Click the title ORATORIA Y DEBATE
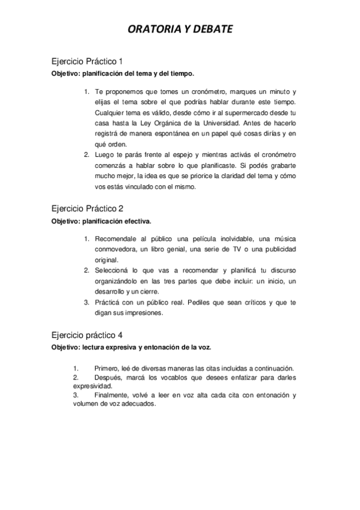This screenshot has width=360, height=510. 180,29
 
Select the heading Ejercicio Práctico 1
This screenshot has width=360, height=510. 87,61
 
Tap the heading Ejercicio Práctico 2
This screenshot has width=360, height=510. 87,209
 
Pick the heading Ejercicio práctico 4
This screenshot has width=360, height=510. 87,335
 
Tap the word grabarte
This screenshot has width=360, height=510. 280,165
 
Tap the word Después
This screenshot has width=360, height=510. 108,377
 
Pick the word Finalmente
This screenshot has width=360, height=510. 113,395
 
